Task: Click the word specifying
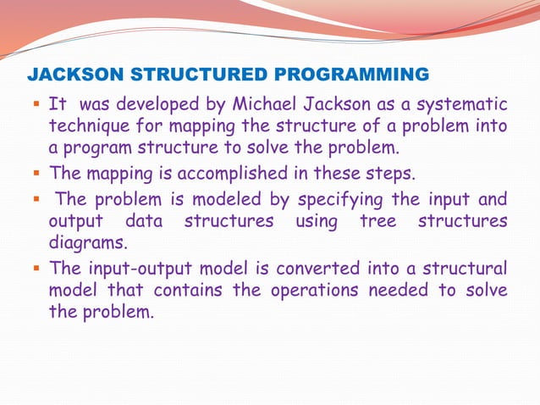pyautogui.click(x=316, y=200)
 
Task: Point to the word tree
pyautogui.click(x=379, y=221)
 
